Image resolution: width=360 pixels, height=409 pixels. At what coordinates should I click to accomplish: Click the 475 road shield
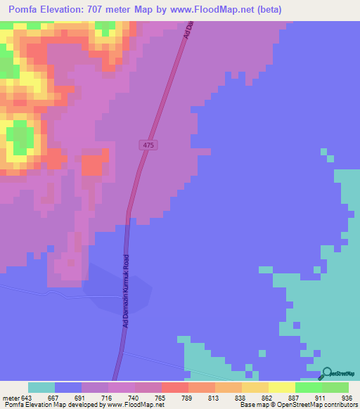point(148,145)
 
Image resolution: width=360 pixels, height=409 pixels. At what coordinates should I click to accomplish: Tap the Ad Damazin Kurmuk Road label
point(127,291)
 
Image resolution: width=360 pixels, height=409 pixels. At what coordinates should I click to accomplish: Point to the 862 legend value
point(259,397)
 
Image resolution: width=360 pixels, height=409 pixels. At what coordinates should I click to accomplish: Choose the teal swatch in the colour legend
point(41,387)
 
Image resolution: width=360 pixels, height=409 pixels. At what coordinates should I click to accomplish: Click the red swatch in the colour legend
point(174,387)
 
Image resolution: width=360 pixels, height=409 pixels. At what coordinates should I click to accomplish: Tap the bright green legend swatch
point(308,387)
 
